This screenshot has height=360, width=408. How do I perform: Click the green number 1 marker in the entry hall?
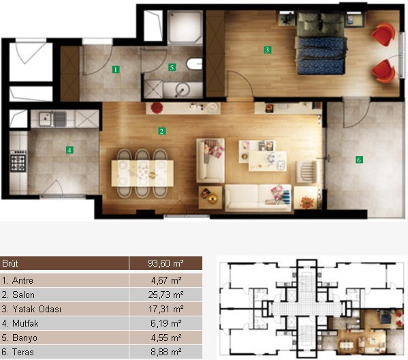click(x=116, y=70)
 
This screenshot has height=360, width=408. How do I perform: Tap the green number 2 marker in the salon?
click(x=161, y=131)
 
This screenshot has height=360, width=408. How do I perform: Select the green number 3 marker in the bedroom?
click(x=267, y=50)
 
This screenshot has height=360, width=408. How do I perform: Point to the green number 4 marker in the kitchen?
click(x=69, y=150)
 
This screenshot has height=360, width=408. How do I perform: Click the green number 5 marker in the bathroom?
click(x=172, y=67)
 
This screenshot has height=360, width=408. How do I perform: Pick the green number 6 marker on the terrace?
click(x=359, y=160)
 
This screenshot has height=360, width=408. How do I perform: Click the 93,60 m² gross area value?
click(x=166, y=263)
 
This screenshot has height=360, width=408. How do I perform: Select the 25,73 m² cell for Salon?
click(x=166, y=295)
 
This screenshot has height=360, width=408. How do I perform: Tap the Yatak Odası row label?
click(x=31, y=309)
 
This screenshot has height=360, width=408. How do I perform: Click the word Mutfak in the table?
click(x=25, y=324)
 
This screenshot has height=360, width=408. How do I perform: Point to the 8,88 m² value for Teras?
click(x=166, y=352)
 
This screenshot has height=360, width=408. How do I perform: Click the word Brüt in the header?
click(x=10, y=263)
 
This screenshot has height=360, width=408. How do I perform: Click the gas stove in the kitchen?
click(x=18, y=162)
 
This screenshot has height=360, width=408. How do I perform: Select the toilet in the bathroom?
click(x=194, y=64)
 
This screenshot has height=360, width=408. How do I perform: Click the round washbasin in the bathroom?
click(x=182, y=90)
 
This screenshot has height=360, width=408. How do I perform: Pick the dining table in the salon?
click(x=142, y=173)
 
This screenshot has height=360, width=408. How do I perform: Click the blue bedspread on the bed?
click(x=321, y=55)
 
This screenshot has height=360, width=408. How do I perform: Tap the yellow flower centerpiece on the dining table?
click(x=152, y=175)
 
